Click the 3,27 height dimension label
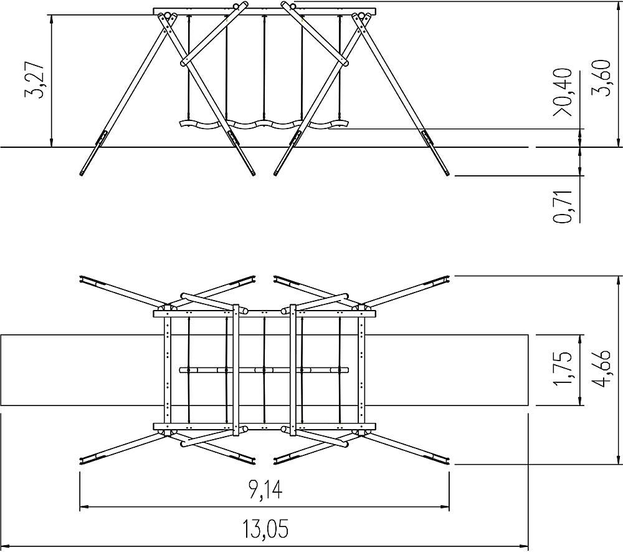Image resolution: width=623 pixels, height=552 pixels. pos(35,80)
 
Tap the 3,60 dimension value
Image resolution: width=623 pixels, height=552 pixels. pos(602,77)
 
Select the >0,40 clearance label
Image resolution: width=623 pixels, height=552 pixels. pos(563,92)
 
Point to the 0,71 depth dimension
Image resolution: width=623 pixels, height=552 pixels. pos(563,206)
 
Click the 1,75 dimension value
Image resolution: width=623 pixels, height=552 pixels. pos(563,368)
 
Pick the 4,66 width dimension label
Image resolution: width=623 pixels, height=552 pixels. pos(601,368)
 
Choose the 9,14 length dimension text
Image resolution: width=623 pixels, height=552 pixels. pos(265,489)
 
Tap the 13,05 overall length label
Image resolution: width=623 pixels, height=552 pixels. pos(265,528)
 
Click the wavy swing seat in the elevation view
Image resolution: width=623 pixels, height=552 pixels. pos(264,124)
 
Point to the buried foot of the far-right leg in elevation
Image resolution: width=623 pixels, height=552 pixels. pos(447,173)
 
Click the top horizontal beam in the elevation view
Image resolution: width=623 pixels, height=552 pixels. pos(264,11)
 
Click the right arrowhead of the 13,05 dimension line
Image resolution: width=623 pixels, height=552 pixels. pos(524,546)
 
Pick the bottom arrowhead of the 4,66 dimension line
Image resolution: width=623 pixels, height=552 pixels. pos(617,459)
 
